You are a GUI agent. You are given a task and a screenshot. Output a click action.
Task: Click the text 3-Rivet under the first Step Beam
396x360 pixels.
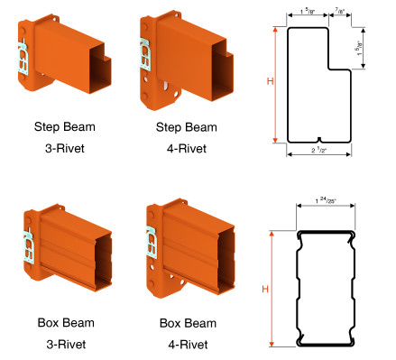[65, 147]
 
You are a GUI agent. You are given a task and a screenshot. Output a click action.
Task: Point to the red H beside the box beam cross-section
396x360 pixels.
[265, 288]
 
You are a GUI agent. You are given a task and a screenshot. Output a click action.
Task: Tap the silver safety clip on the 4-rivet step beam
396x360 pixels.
[144, 54]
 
